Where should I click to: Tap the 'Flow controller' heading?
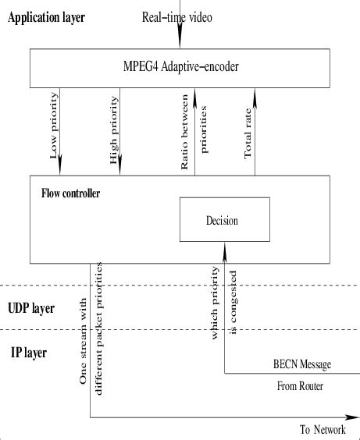(x=71, y=192)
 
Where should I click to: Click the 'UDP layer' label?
(x=31, y=308)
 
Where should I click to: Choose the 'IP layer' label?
(x=28, y=353)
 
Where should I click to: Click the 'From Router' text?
(x=301, y=386)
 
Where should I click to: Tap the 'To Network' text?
(x=322, y=429)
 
